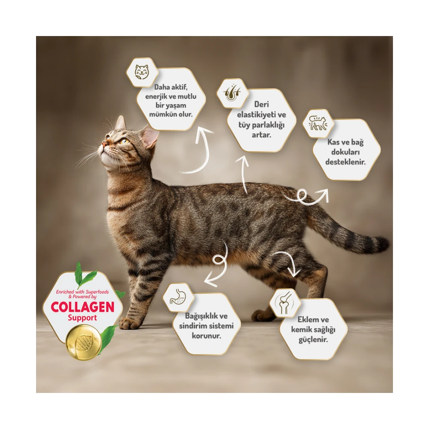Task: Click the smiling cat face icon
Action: [142, 72]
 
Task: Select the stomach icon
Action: [178, 297]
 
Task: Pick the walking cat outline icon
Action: [318, 123]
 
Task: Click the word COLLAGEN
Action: [82, 307]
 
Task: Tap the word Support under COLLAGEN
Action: [82, 318]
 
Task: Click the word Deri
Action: [262, 104]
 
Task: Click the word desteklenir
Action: [345, 162]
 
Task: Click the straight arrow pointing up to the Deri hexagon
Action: [244, 175]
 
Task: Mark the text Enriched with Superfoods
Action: [82, 292]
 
